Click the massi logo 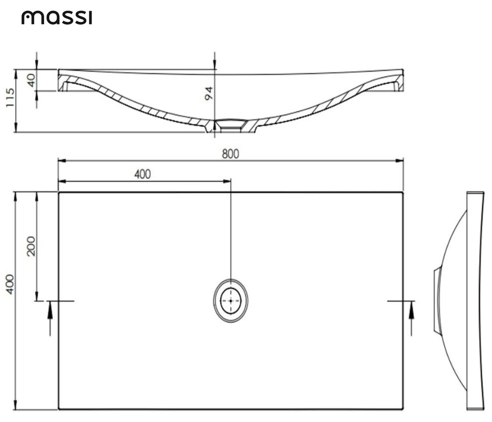pyautogui.click(x=56, y=18)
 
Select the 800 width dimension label pyautogui.click(x=230, y=154)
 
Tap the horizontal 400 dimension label pyautogui.click(x=142, y=174)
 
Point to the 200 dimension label pyautogui.click(x=31, y=246)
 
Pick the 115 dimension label pyautogui.click(x=10, y=98)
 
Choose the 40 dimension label pyautogui.click(x=31, y=80)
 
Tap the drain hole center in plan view pyautogui.click(x=231, y=300)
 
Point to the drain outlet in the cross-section pyautogui.click(x=231, y=126)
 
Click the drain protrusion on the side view pyautogui.click(x=437, y=300)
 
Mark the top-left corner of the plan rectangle pyautogui.click(x=59, y=192)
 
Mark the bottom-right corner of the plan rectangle pyautogui.click(x=403, y=409)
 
